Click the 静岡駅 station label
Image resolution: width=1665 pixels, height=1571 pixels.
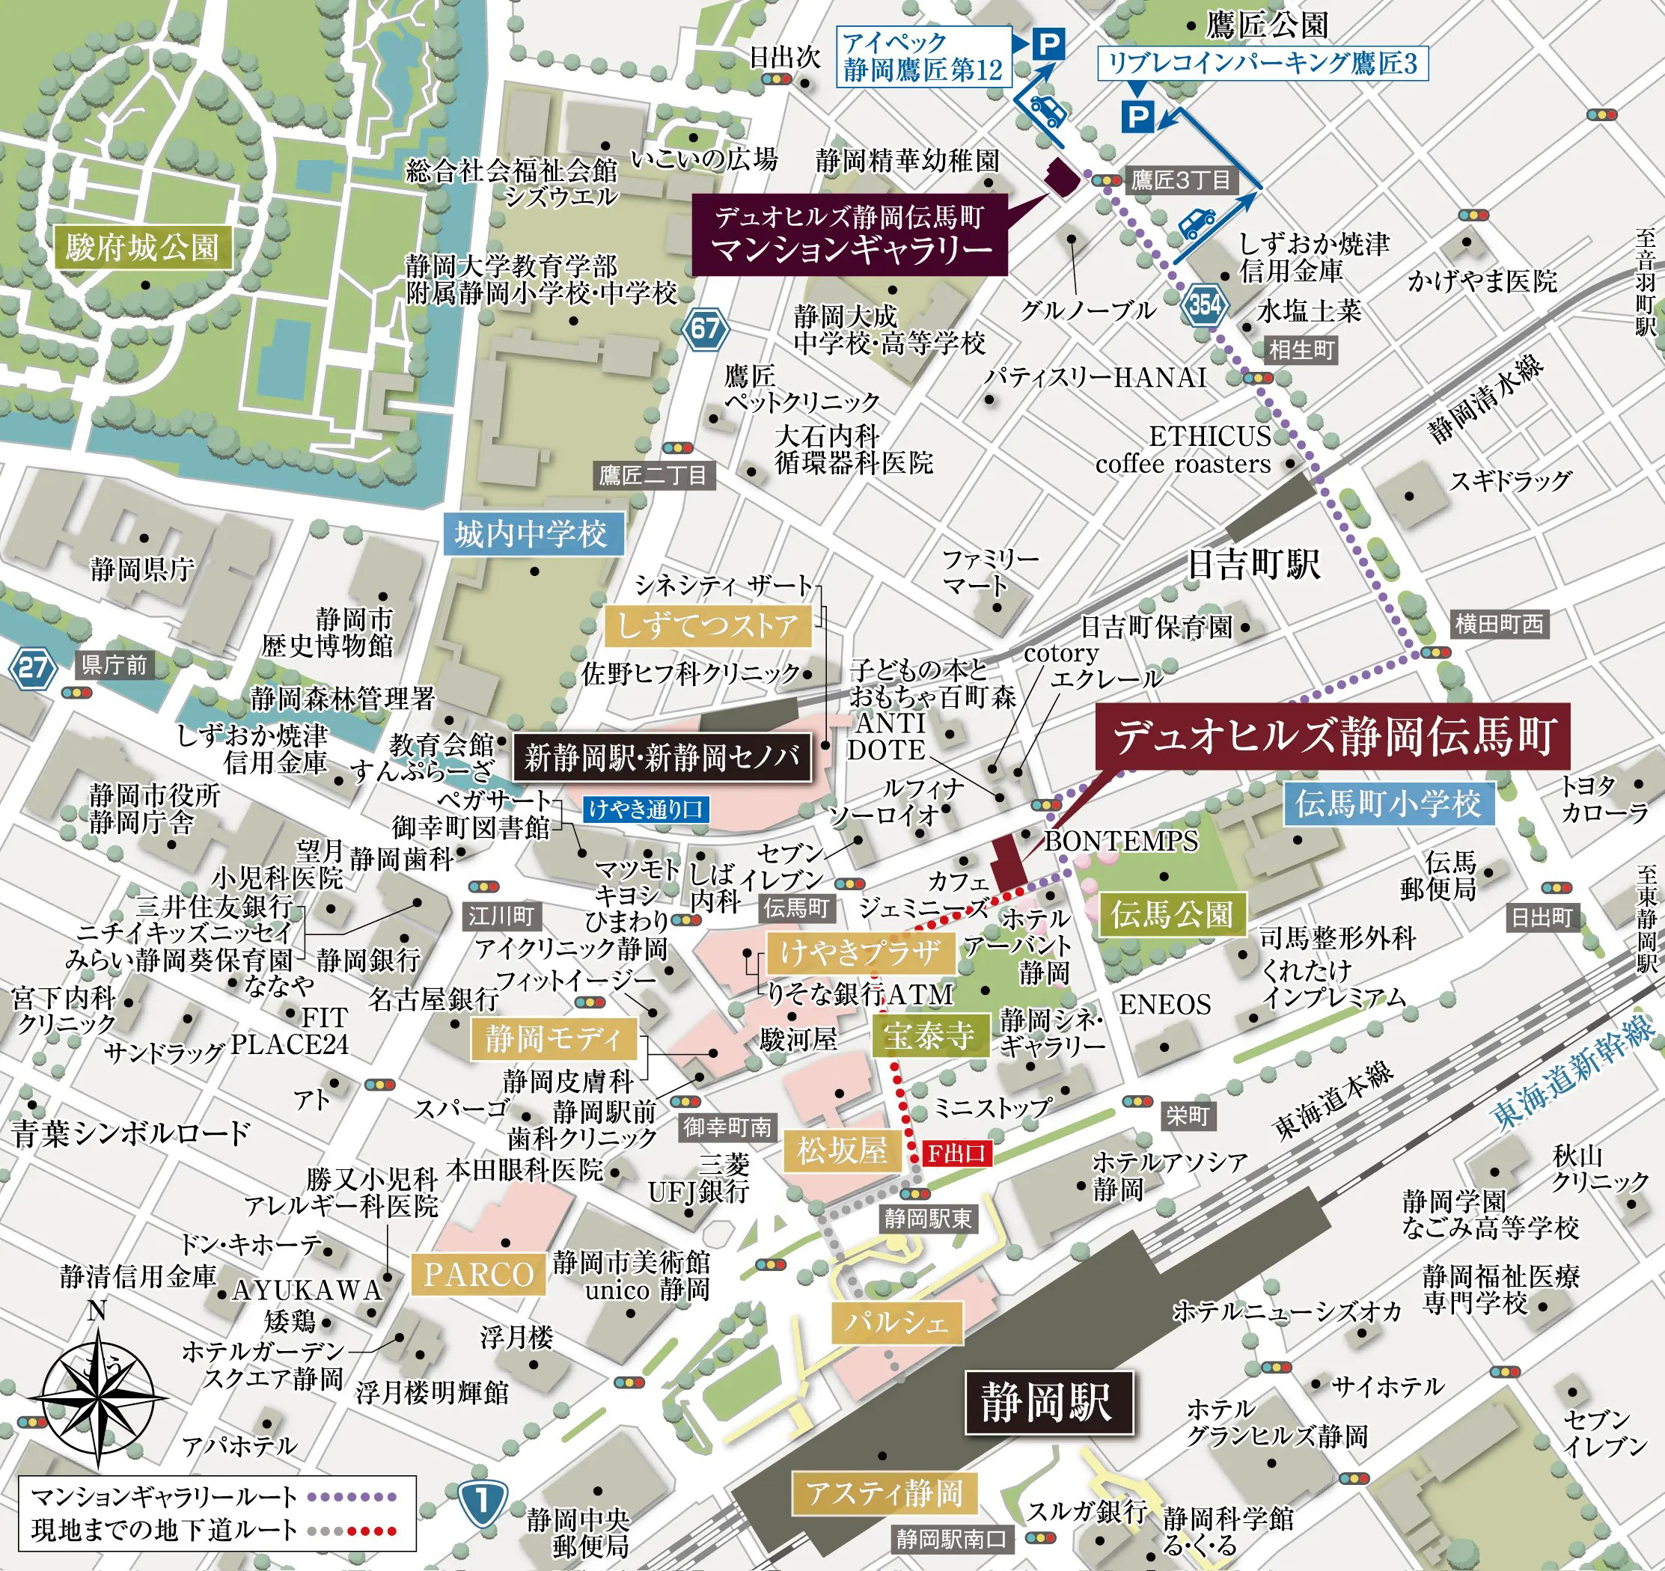[x=1048, y=1402]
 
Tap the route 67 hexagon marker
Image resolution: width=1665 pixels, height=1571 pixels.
[x=705, y=328]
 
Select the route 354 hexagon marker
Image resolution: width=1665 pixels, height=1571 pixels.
[x=1204, y=304]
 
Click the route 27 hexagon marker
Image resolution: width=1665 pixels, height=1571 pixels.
[x=33, y=668]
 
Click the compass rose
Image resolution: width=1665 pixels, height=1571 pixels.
[x=98, y=1398]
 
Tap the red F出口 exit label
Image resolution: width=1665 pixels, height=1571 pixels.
[x=956, y=1154]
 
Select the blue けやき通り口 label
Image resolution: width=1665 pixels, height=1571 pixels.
[x=646, y=809]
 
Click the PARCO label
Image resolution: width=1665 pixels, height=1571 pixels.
[x=478, y=1275]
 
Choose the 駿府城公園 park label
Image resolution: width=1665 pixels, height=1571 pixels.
[x=142, y=248]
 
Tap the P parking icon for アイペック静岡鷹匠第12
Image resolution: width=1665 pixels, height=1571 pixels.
[x=1046, y=43]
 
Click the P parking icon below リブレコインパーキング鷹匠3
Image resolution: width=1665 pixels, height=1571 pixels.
[x=1137, y=117]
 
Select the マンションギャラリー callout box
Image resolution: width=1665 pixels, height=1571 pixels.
[x=849, y=233]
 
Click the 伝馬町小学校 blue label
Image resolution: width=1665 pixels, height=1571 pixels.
[x=1388, y=804]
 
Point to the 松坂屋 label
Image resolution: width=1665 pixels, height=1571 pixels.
[x=842, y=1151]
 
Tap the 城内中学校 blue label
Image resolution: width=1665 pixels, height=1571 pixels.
[x=532, y=533]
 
